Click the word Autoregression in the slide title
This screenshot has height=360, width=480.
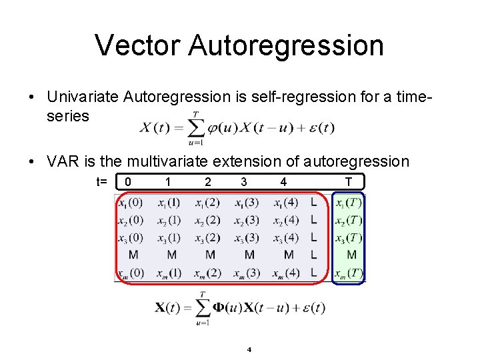pos(286,45)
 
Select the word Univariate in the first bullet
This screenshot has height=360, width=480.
pos(83,97)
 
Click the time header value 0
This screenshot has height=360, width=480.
pos(128,181)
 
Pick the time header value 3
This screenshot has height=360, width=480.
pos(244,181)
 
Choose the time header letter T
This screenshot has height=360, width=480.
pos(349,181)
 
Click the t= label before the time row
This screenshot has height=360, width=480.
pos(102,181)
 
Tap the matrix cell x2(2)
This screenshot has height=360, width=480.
pos(207,220)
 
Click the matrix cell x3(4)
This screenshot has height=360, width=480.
pos(287,237)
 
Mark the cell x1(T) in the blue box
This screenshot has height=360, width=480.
pos(349,203)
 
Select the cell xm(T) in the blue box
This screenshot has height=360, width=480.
pos(349,273)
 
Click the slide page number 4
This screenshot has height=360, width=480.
pos(249,349)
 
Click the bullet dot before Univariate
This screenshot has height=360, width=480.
pos(32,97)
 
